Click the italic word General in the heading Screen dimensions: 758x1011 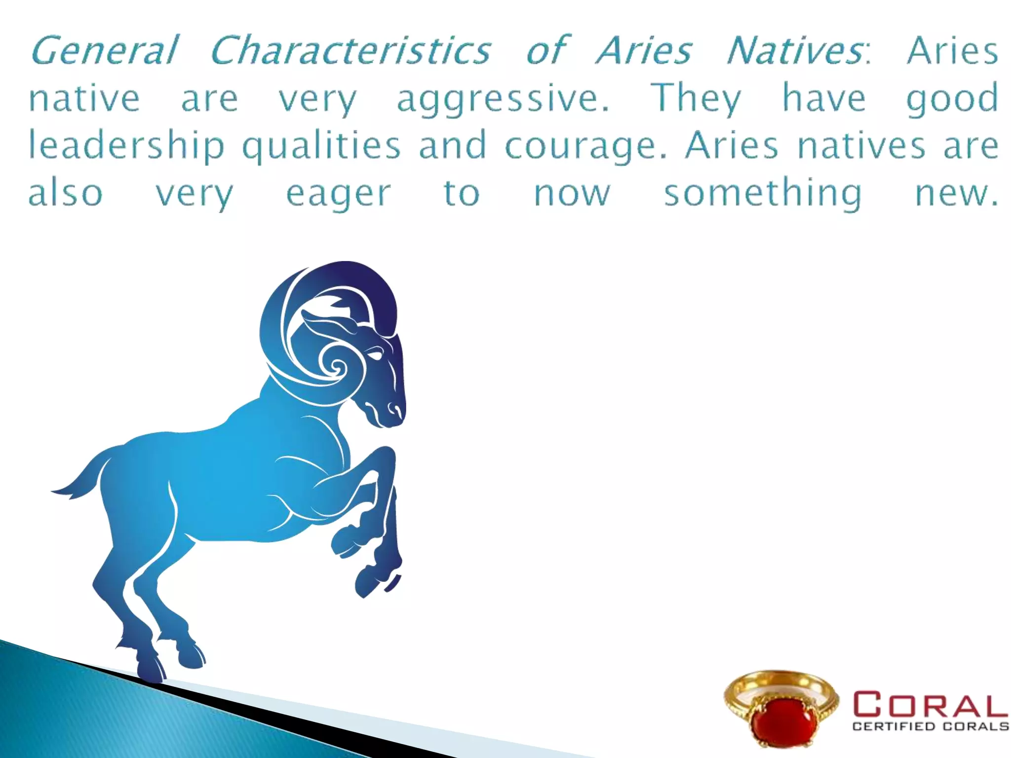point(104,50)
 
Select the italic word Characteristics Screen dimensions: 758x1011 point(350,50)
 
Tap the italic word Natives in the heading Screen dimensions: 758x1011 point(795,50)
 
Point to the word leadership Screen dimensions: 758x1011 point(126,146)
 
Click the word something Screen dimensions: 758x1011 point(763,193)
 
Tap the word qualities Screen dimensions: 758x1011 point(321,146)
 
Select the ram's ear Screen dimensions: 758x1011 point(326,323)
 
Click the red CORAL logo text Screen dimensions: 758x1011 point(931,704)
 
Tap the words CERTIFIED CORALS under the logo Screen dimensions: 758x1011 point(931,726)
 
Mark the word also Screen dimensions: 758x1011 point(65,193)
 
